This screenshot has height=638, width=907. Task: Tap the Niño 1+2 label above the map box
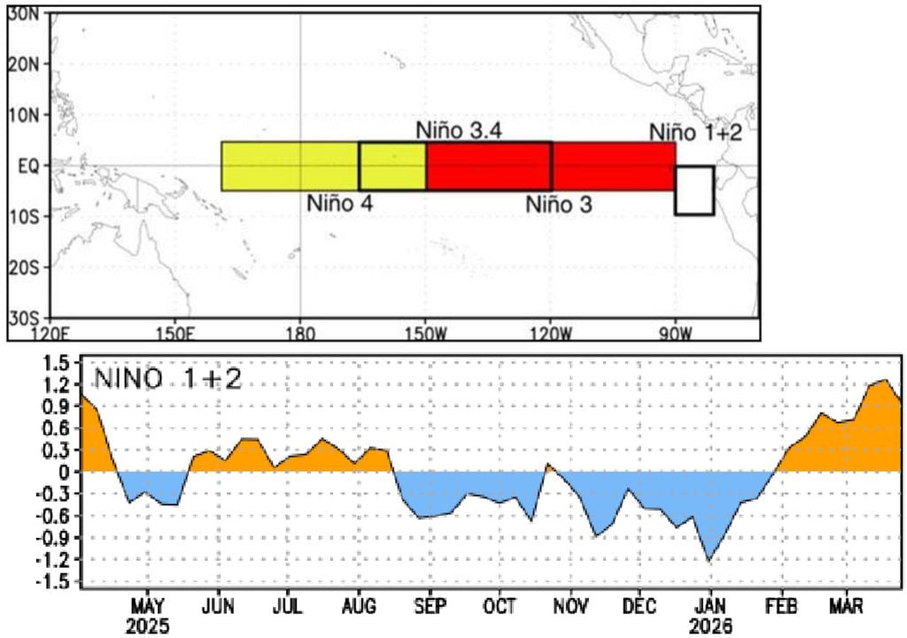[694, 133]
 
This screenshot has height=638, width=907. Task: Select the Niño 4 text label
[339, 202]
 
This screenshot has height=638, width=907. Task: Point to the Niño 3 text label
[559, 204]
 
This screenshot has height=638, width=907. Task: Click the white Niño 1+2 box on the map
[694, 190]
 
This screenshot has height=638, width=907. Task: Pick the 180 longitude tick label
[300, 333]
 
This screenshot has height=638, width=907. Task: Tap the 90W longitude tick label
[676, 333]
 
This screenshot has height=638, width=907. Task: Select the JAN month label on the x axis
[709, 607]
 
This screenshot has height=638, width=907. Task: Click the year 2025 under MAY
[147, 625]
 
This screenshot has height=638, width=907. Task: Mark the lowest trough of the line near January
[709, 560]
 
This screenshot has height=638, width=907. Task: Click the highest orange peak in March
[885, 380]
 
